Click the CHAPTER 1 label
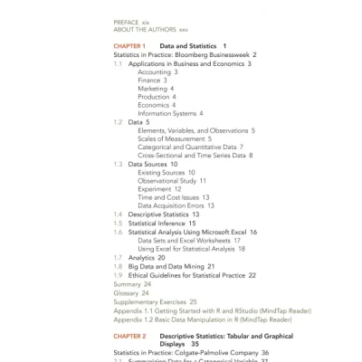pos(129,46)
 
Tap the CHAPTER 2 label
pos(129,336)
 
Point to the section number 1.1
pos(118,64)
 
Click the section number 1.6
pos(118,232)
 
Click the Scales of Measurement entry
pos(175,138)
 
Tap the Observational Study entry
pos(172,180)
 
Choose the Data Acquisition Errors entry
pos(176,205)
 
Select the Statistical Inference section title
pos(161,223)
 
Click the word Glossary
pos(126,292)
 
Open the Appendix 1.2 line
pos(203,319)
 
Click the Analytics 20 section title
pos(147,257)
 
